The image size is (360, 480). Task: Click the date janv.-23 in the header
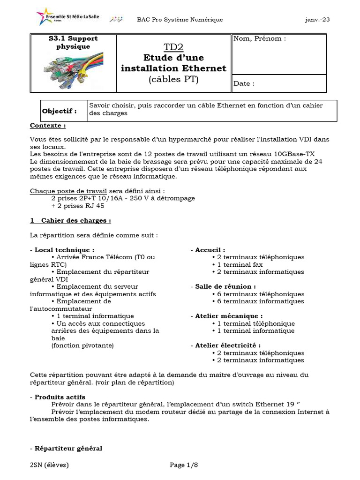tap(317, 19)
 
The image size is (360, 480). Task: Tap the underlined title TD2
tap(173, 46)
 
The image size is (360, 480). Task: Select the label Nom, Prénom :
tap(259, 38)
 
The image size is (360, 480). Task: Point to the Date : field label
tap(244, 83)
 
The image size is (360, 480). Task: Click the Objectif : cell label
tap(60, 111)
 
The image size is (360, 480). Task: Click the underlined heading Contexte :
tap(48, 126)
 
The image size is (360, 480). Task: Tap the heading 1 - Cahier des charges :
tap(70, 220)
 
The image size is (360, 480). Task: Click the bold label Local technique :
tap(64, 250)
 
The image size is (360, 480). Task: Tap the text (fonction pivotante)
tap(82, 345)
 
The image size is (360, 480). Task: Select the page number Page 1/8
tap(184, 465)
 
